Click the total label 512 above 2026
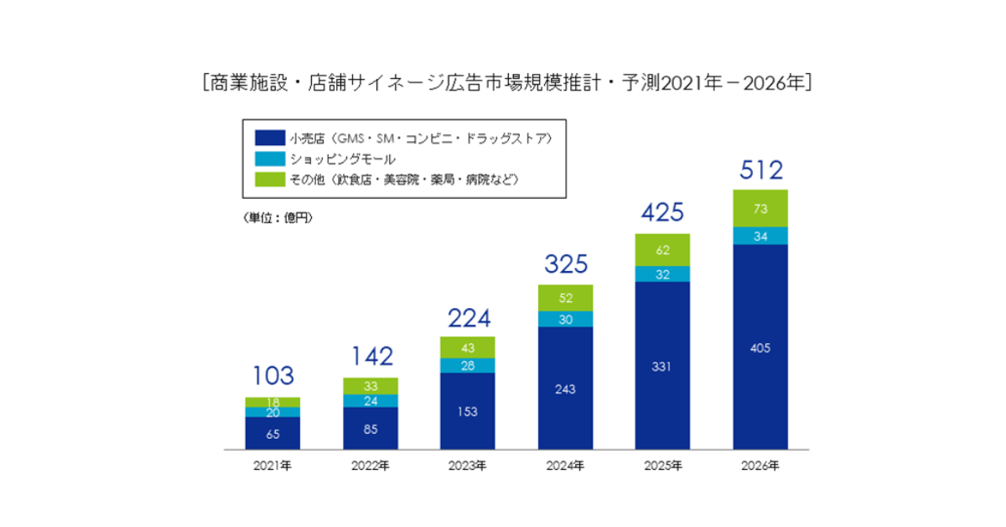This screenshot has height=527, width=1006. tap(760, 170)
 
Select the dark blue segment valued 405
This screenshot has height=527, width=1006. tap(760, 347)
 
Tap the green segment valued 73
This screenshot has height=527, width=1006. tap(760, 208)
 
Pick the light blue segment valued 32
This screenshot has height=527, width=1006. tap(662, 274)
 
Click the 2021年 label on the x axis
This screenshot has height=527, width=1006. tap(272, 466)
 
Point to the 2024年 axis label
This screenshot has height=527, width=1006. tap(565, 466)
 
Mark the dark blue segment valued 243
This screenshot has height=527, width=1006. tap(565, 389)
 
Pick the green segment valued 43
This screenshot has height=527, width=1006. tap(467, 347)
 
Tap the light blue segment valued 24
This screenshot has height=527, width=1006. tap(370, 400)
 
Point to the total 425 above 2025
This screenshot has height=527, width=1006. tap(662, 212)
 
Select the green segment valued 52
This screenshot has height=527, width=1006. tap(565, 298)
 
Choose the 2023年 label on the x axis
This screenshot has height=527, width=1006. tap(467, 466)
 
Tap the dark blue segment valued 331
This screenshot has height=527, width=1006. tap(662, 366)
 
